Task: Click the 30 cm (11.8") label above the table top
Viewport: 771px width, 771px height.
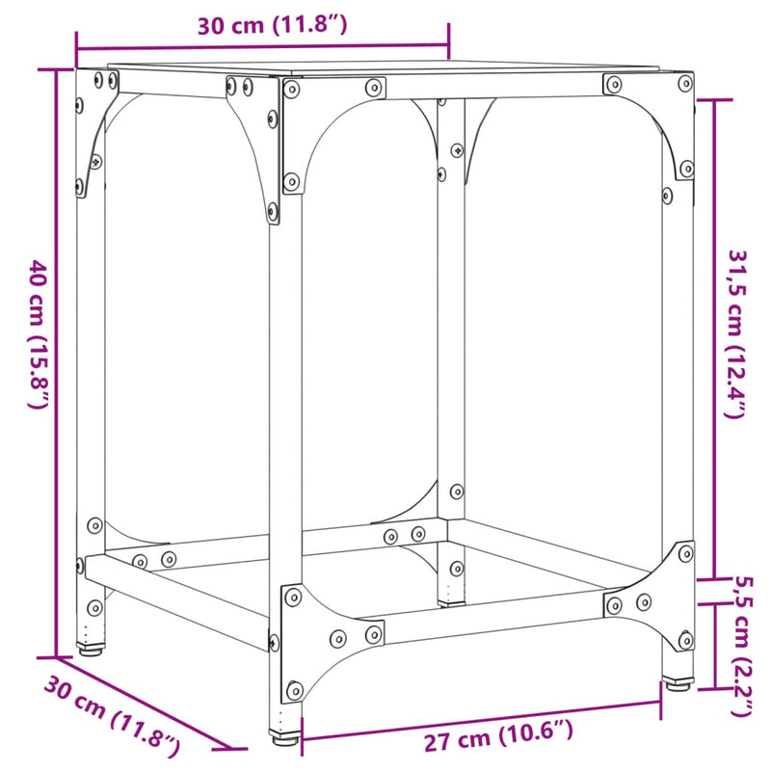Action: pos(271,26)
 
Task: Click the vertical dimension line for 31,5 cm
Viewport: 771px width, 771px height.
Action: pos(714,337)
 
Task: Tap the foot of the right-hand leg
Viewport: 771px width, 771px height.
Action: pos(678,683)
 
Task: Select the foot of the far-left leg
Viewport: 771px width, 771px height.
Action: pos(91,648)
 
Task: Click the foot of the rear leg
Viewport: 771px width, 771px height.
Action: pos(450,601)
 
